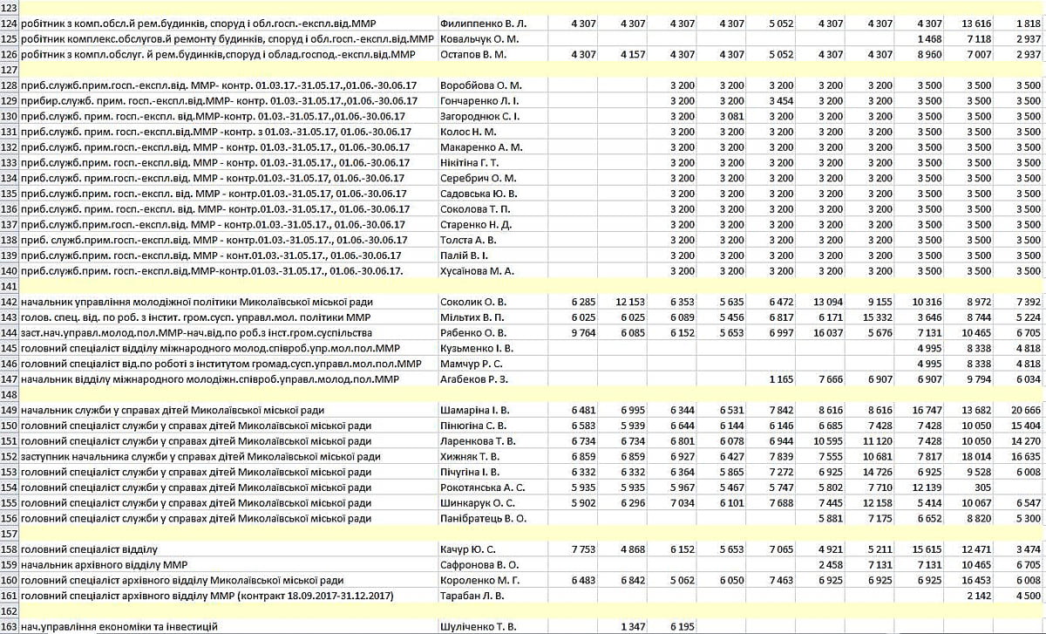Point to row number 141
point(10,286)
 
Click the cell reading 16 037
point(828,332)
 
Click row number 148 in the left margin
point(10,395)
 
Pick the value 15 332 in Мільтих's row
point(878,317)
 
